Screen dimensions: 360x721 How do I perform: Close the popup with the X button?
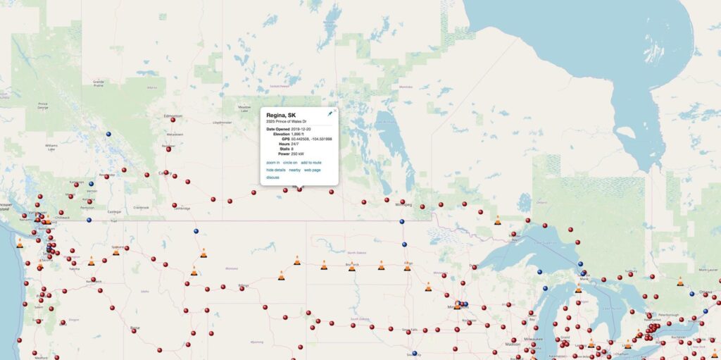[x=335, y=110]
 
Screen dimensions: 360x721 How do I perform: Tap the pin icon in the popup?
[x=330, y=113]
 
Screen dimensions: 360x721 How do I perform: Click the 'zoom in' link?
[x=272, y=163]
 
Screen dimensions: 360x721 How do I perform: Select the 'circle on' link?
[x=290, y=163]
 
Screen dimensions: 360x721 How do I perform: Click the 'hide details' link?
[x=276, y=170]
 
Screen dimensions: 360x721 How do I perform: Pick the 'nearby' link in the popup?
[x=295, y=170]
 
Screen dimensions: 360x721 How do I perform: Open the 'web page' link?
[x=313, y=170]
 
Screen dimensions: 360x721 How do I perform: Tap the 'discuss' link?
[x=273, y=178]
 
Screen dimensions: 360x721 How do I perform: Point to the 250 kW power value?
[x=298, y=154]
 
